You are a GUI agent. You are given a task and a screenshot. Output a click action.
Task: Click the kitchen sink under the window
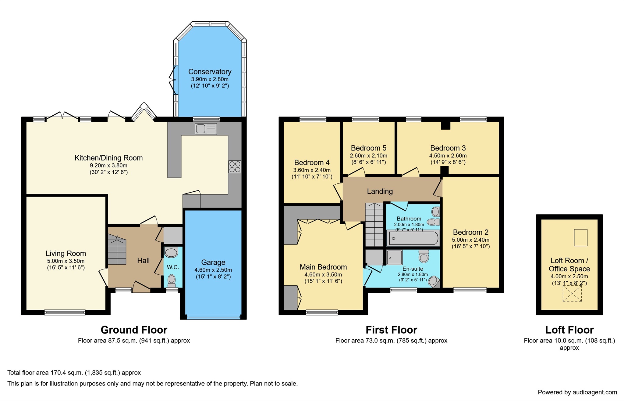point(206,129)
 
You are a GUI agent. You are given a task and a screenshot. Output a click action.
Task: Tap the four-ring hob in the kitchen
point(235,167)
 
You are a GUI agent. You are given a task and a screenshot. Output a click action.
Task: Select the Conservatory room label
point(210,72)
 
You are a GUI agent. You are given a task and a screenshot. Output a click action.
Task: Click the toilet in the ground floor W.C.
point(172,279)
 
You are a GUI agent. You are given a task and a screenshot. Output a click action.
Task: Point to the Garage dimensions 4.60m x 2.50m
point(213,270)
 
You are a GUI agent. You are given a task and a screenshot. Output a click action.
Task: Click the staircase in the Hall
point(117,250)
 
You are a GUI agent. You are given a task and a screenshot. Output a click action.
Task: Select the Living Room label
point(66,253)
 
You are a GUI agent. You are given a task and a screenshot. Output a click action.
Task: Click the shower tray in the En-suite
point(394,257)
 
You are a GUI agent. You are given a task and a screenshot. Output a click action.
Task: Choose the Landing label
point(380,191)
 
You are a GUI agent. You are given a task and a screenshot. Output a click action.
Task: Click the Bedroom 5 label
point(368,148)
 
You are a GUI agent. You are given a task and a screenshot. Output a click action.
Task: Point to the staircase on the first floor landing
point(374,225)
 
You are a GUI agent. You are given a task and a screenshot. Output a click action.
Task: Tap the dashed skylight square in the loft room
point(572,294)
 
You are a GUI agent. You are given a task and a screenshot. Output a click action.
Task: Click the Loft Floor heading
point(569,330)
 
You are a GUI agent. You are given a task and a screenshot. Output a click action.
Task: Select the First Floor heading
point(391,330)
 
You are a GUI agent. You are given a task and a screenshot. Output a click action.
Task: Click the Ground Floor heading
point(134,330)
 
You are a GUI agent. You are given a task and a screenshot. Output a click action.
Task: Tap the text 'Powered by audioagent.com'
point(577,392)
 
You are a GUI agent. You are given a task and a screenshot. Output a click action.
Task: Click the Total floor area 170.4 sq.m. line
point(74,373)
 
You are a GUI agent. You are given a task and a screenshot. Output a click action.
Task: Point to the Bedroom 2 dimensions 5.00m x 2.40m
point(470,240)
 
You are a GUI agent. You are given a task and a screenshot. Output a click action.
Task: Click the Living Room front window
point(65,312)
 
